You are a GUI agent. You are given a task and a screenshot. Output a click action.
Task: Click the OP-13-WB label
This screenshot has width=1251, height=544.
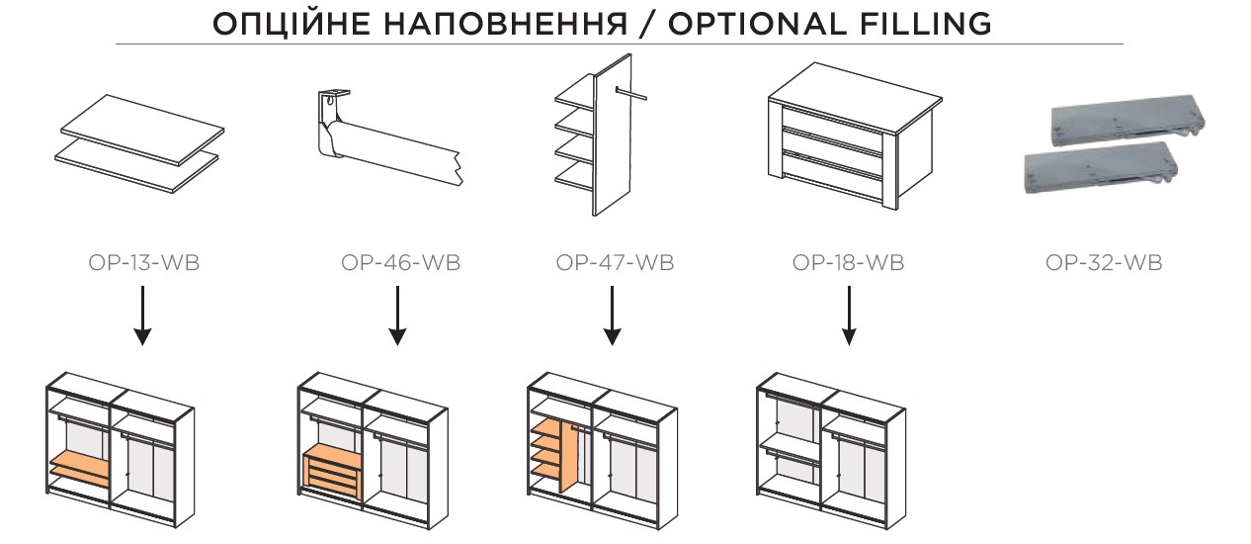[x=142, y=264]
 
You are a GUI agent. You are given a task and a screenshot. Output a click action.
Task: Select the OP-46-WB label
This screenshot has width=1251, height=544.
[x=400, y=264]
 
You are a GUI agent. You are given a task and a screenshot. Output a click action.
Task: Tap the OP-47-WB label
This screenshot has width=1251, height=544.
[x=615, y=264]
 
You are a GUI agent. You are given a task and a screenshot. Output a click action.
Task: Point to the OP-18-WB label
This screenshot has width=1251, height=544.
[x=848, y=264]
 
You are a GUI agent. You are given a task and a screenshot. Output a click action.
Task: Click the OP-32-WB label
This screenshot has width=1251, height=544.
[x=1103, y=264]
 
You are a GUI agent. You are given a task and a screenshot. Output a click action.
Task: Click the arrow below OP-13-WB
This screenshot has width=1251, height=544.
[x=142, y=316]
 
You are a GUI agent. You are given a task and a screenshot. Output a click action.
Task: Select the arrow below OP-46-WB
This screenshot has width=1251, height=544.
[x=397, y=316]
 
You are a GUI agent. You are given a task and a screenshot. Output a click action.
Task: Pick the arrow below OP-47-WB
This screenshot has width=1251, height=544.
[x=612, y=316]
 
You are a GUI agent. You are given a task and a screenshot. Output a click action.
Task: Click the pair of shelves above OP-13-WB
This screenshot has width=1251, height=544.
[x=137, y=143]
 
